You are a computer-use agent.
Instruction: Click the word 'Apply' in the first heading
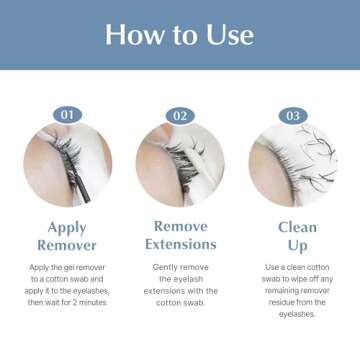67,227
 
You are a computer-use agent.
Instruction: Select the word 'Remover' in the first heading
67,245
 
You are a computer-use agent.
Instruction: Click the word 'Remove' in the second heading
180,226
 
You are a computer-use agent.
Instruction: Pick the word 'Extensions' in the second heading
180,244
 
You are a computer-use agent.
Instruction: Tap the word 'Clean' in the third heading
297,227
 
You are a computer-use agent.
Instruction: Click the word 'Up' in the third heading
297,245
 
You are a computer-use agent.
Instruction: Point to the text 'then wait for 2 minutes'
67,302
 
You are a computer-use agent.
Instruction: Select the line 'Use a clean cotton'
296,268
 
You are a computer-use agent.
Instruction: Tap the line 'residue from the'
296,302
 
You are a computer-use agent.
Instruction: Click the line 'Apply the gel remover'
67,268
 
